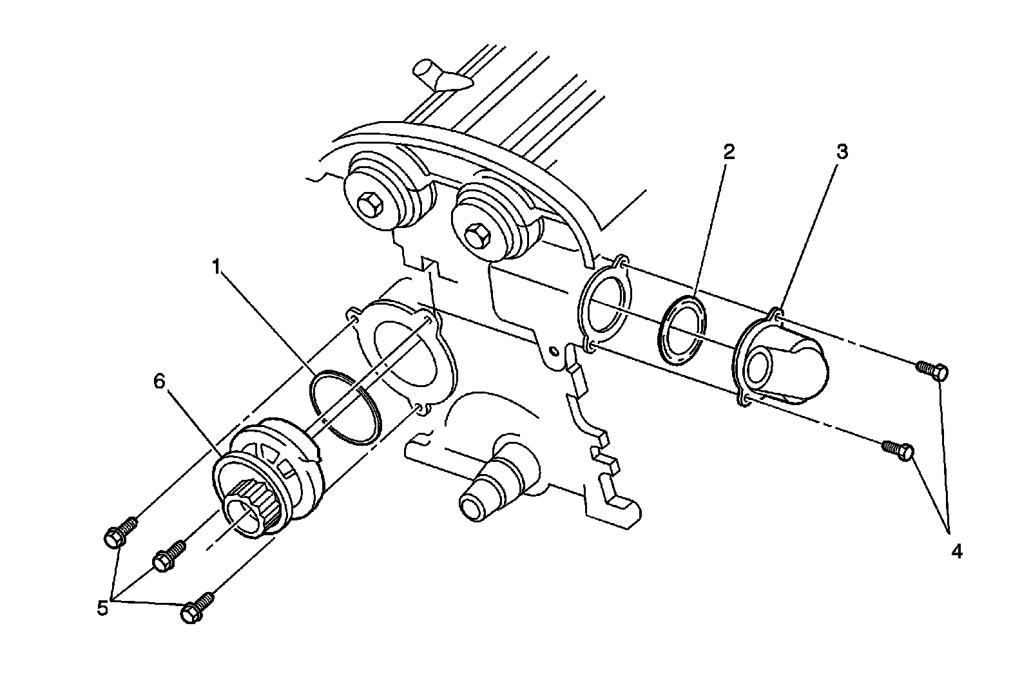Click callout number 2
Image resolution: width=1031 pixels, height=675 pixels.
point(729,152)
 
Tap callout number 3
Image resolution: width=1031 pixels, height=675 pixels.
point(842,152)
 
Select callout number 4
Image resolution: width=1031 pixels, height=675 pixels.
point(956,551)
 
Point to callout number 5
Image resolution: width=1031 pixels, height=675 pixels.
point(103,607)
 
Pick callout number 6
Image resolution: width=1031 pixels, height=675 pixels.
point(159,381)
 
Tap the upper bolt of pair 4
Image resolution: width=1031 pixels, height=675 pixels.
point(932,370)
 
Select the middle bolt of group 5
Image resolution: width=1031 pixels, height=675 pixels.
point(168,556)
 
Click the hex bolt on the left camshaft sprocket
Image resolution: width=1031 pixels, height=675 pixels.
point(369,207)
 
